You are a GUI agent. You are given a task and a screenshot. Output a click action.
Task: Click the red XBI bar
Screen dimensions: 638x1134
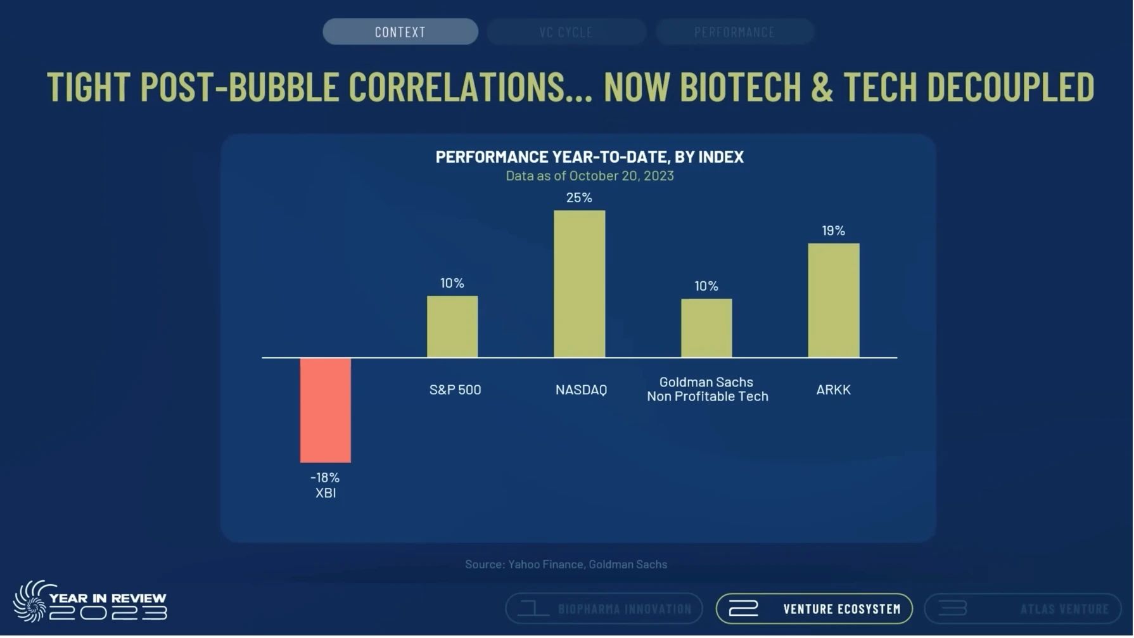pos(326,411)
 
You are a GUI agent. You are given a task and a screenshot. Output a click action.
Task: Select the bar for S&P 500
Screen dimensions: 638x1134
pos(452,327)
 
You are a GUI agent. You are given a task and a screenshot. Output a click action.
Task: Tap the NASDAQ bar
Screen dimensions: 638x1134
pos(580,284)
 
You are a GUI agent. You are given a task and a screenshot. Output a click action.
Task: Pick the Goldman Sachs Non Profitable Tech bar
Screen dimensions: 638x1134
pos(707,329)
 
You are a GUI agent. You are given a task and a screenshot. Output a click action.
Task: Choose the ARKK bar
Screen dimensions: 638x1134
pos(834,301)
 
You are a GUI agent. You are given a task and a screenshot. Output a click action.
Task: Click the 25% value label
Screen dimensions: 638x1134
pos(580,198)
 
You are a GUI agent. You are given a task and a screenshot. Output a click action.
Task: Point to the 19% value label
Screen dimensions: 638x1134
pos(834,231)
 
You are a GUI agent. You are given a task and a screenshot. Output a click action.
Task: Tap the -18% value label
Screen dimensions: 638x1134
pos(325,478)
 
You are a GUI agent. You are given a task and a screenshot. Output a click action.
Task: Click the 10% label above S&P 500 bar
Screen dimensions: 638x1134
pos(452,283)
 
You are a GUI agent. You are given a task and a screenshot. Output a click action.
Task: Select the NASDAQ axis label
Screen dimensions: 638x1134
pos(582,390)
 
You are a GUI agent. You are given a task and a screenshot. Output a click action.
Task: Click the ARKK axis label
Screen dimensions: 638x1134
pos(834,390)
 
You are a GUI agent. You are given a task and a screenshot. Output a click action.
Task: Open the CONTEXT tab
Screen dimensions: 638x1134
pos(400,32)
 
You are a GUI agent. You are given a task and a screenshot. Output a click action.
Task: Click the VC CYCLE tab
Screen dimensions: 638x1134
pos(566,32)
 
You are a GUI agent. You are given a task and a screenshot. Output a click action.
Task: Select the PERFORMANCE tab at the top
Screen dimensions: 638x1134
pos(735,32)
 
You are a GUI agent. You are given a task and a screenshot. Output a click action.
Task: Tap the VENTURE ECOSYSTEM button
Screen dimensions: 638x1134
pos(815,609)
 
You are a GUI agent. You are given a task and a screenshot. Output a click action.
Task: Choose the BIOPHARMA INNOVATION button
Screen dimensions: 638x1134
pos(604,609)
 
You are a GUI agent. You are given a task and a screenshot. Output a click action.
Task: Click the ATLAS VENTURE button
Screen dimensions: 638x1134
pos(1023,609)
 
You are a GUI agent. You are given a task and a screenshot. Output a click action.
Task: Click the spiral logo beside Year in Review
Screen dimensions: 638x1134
pos(31,602)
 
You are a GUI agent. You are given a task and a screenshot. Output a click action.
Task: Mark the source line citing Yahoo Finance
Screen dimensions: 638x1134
pos(566,565)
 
